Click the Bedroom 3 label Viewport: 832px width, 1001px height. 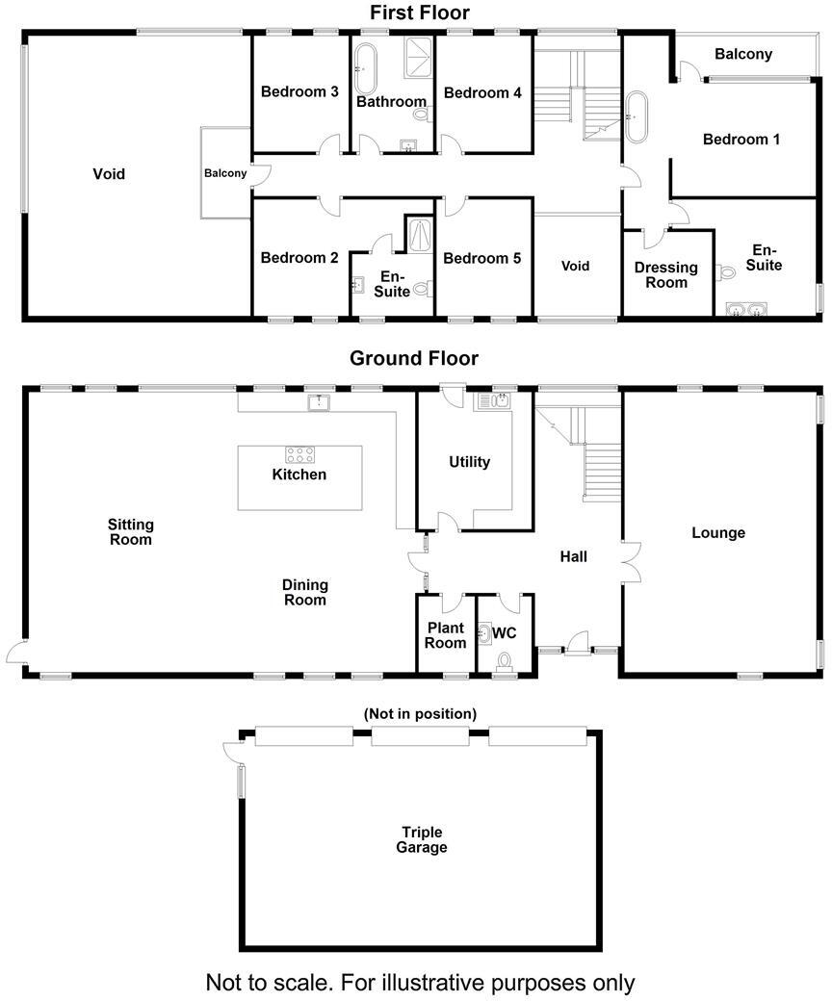coord(299,92)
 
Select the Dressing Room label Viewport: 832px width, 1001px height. coord(666,275)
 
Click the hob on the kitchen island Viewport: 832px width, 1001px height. coord(299,455)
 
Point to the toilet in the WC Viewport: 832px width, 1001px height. coord(504,661)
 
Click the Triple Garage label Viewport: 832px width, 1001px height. coord(425,840)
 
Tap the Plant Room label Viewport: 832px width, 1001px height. coord(446,635)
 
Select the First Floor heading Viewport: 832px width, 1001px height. coord(420,13)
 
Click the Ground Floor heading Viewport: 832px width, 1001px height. coord(413,359)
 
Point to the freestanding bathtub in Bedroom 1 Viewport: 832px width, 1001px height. coord(637,116)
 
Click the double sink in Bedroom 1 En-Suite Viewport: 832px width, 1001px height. coord(746,310)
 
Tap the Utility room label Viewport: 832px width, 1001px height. coord(469,462)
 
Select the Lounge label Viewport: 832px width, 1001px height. coord(718,532)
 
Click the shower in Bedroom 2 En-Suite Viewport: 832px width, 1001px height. coord(421,234)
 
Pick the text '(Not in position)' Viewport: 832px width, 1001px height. coord(420,714)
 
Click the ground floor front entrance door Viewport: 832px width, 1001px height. coord(577,645)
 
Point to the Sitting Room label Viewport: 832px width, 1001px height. coord(131,532)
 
